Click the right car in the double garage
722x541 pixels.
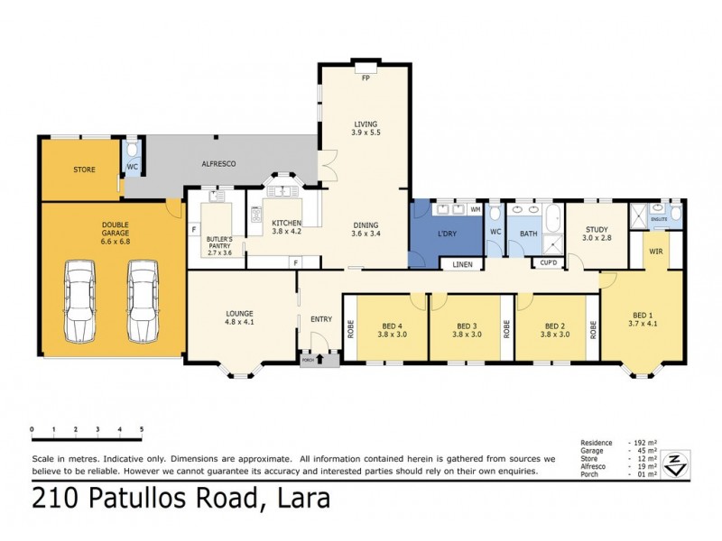pos(142,301)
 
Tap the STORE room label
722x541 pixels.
pos(84,169)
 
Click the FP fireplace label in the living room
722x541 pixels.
pos(366,78)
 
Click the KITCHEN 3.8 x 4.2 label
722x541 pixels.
pos(286,226)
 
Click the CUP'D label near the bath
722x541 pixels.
pos(548,263)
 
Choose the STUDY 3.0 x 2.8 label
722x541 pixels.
pos(598,234)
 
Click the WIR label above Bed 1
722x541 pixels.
pos(656,252)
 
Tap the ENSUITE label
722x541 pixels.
pos(659,217)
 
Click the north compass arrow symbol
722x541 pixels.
pos(671,463)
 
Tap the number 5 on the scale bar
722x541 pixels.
pos(142,429)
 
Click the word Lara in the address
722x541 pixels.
pos(301,498)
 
